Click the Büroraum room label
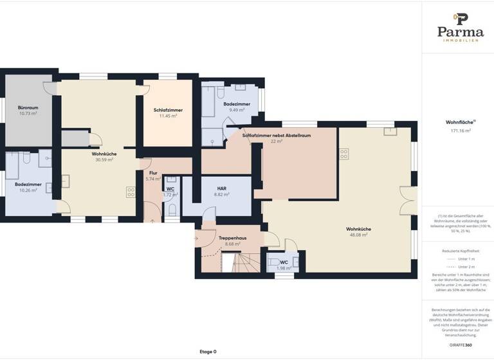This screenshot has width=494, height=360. pyautogui.click(x=28, y=107)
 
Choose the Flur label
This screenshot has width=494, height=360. pyautogui.click(x=153, y=173)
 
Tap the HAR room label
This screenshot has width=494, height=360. pyautogui.click(x=221, y=188)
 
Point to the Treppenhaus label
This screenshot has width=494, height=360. pyautogui.click(x=229, y=238)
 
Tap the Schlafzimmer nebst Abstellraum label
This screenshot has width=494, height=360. pyautogui.click(x=277, y=136)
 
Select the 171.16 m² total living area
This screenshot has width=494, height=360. pyautogui.click(x=461, y=130)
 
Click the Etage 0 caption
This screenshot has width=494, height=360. pyautogui.click(x=208, y=352)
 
